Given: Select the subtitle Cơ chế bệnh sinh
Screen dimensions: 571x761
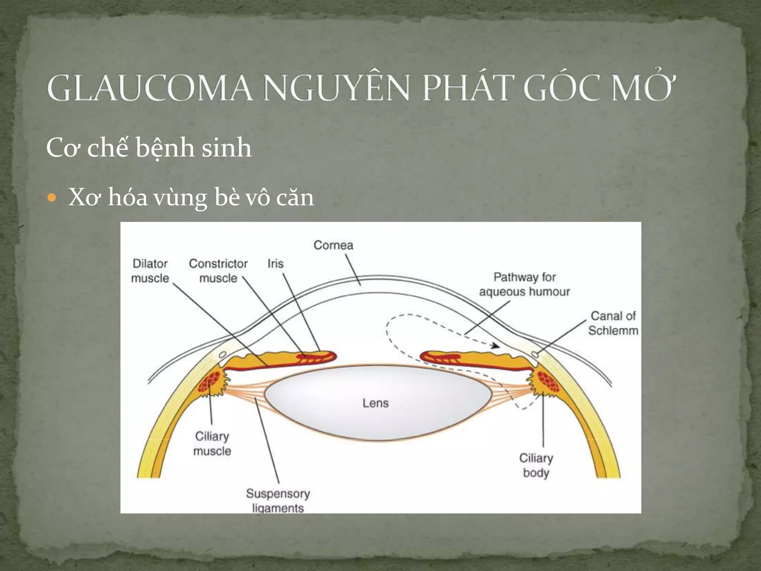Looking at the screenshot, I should tap(149, 148).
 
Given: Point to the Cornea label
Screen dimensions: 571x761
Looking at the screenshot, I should tap(333, 245).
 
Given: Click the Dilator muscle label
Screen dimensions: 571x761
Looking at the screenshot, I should tap(150, 271).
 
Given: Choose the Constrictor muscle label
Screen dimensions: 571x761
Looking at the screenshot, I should tap(218, 271).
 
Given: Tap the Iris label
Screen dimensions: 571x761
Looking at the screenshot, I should tap(275, 264).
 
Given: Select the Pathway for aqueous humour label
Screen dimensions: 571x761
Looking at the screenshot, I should tap(524, 284).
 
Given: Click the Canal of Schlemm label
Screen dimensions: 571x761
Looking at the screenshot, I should tap(613, 323).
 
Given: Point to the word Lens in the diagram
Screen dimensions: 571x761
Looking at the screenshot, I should tap(376, 403).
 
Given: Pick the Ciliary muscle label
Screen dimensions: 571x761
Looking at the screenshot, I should tap(212, 443).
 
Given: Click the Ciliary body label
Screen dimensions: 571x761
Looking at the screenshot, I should tap(536, 465).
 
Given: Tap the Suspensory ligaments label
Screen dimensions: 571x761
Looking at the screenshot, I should tap(278, 501).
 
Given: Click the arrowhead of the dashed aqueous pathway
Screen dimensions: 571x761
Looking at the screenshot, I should tap(495, 346).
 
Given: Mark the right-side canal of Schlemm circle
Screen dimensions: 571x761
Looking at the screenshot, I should tap(535, 354).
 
